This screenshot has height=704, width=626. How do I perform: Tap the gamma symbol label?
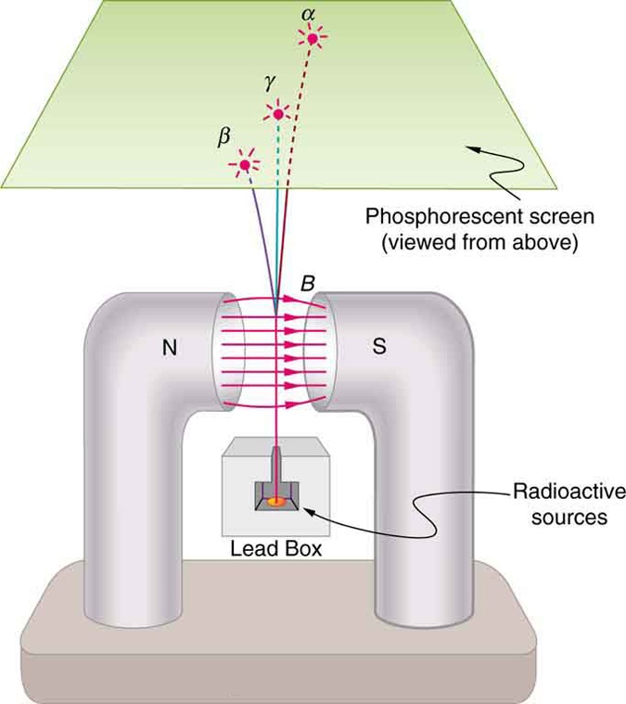pos(269,83)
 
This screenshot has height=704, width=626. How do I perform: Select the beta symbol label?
pos(222,136)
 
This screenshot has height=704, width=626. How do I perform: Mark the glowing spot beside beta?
pos(245,165)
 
